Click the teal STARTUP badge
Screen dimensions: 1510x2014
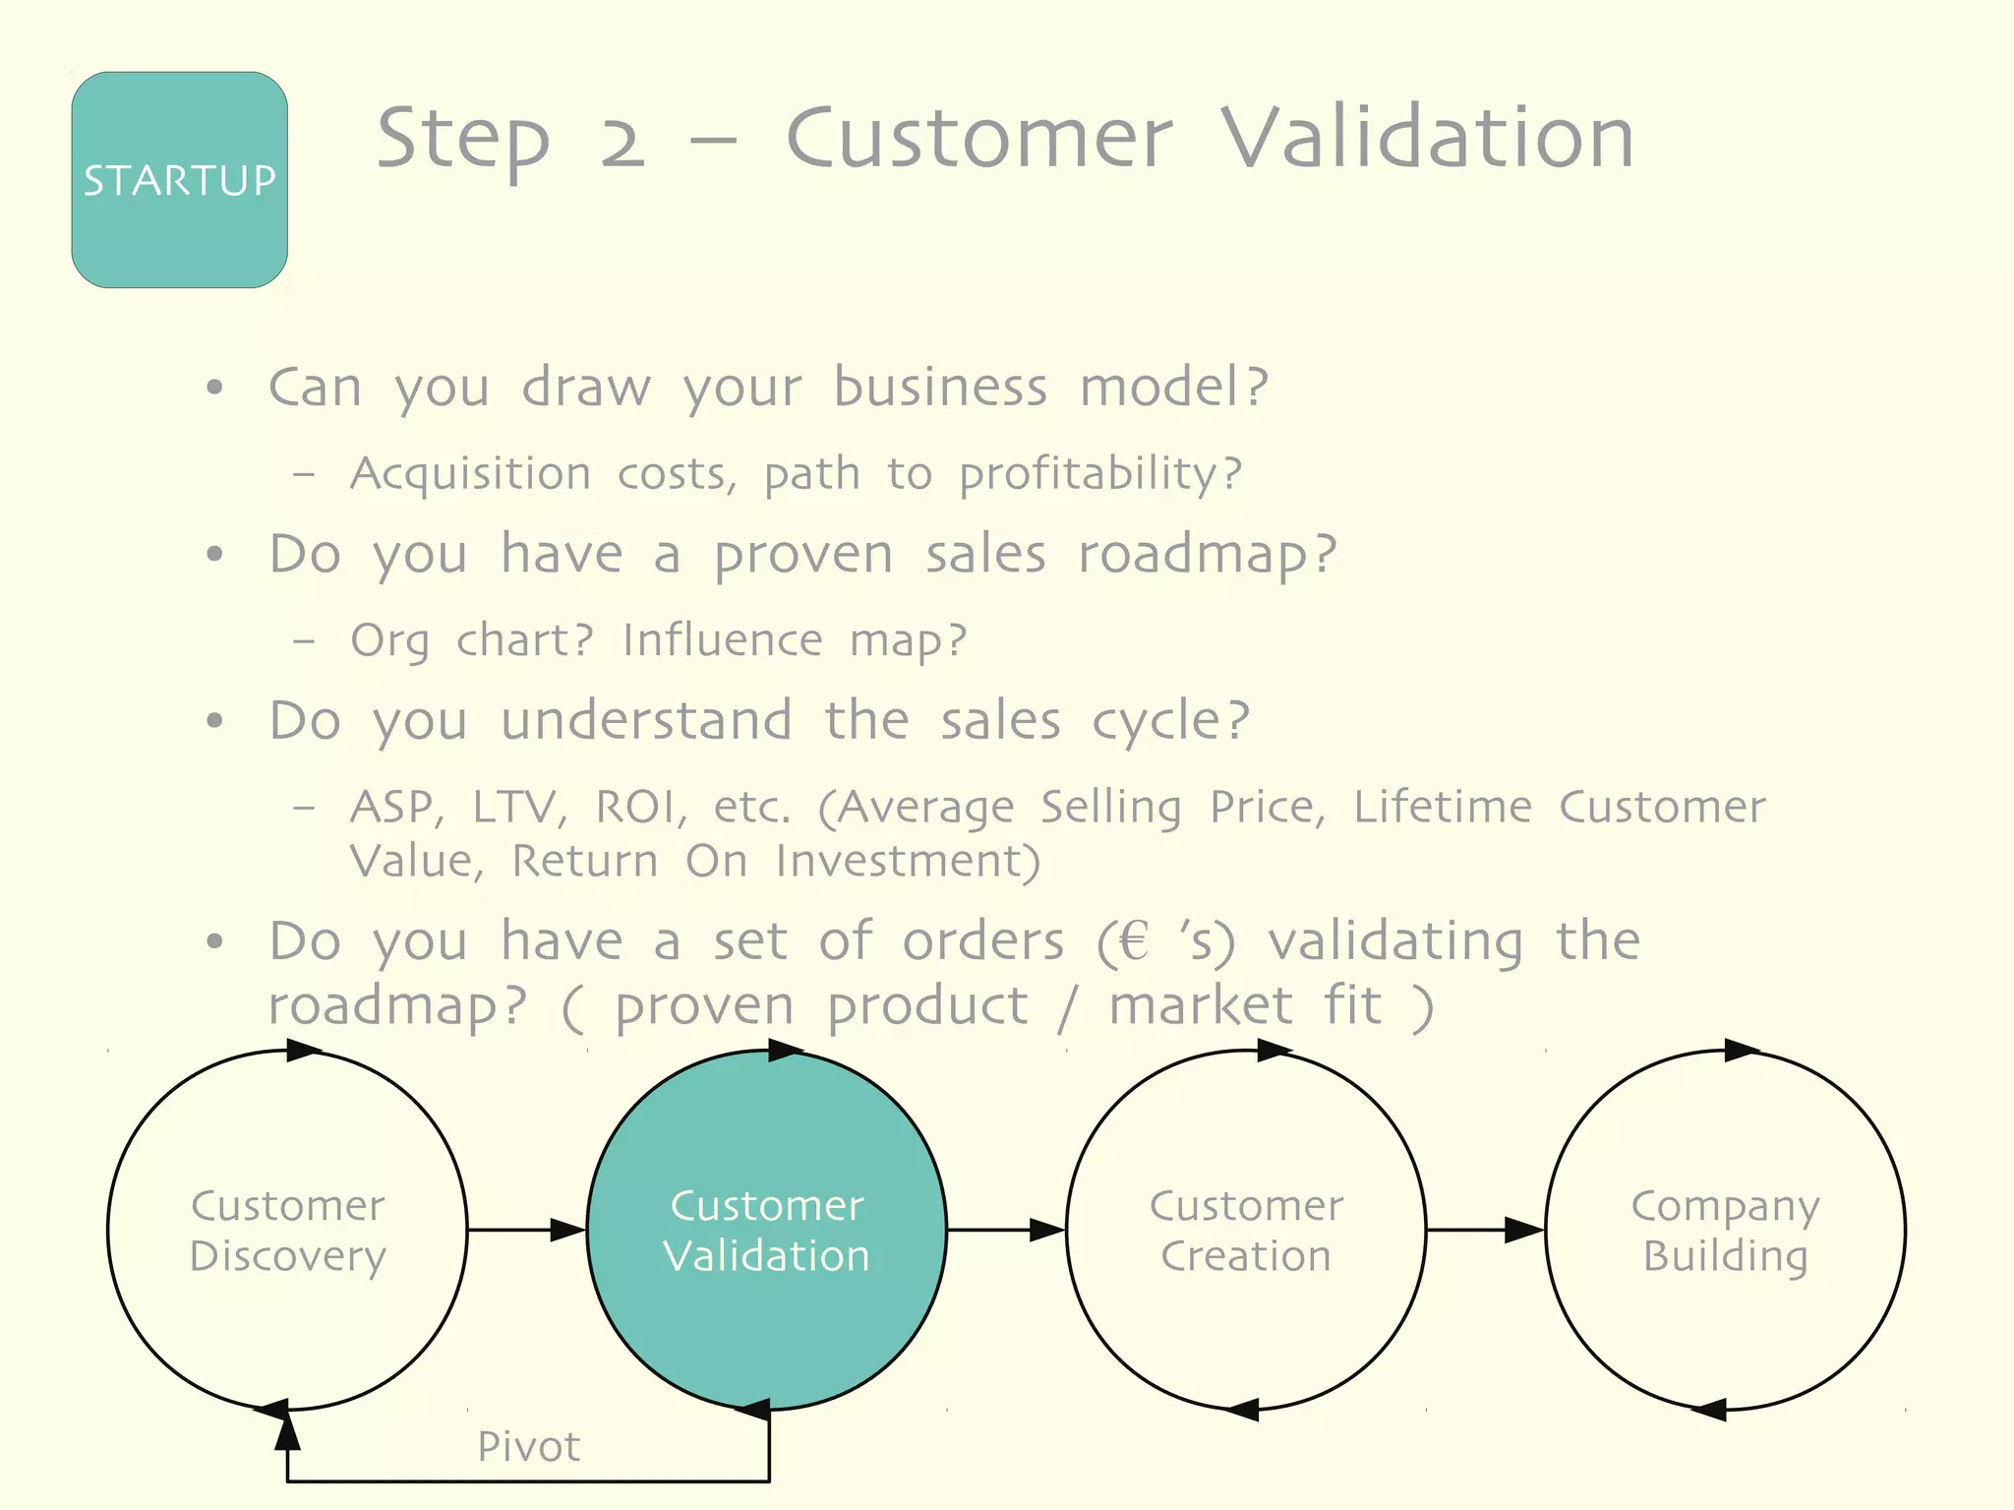(x=179, y=180)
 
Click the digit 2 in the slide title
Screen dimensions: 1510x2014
(x=622, y=140)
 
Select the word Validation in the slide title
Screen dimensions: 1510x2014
(x=1427, y=138)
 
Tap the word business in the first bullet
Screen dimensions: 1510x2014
(x=940, y=387)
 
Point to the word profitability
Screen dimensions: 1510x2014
(x=1099, y=474)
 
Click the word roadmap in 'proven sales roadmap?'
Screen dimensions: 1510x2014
(x=1207, y=554)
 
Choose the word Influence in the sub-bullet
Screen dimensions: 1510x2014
(x=723, y=640)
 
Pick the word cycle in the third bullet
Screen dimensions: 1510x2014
(x=1170, y=721)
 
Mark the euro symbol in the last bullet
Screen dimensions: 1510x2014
(x=1134, y=940)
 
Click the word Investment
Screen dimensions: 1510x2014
(x=907, y=861)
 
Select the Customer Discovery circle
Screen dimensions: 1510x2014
(x=287, y=1230)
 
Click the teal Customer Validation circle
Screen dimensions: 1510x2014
(x=767, y=1230)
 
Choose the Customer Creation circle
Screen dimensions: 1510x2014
(x=1246, y=1230)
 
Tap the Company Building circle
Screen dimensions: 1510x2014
(x=1725, y=1230)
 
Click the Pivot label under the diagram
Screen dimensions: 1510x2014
(x=528, y=1446)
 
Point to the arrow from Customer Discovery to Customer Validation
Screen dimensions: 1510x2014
(x=527, y=1230)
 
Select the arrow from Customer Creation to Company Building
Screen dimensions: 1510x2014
(x=1485, y=1230)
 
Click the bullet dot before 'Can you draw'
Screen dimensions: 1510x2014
(x=215, y=388)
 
